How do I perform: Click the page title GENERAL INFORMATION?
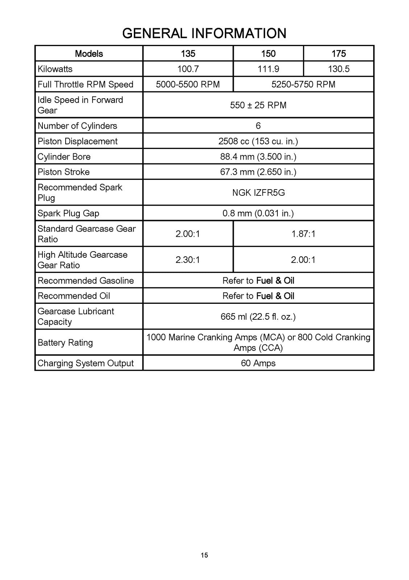(204, 33)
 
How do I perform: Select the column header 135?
(188, 54)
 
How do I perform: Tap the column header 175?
(338, 54)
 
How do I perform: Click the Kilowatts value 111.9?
(268, 69)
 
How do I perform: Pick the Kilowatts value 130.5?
(338, 69)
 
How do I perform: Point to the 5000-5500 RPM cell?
(188, 84)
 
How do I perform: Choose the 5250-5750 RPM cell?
(303, 84)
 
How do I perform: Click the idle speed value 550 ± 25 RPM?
(258, 105)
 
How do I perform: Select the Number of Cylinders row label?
(78, 126)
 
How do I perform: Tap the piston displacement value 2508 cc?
(258, 141)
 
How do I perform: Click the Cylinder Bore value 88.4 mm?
(258, 157)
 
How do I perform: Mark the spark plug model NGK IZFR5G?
(258, 192)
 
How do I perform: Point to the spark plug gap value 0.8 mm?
(258, 213)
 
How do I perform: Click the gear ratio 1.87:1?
(303, 234)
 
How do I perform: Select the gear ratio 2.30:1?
(188, 260)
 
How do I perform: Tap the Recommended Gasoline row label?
(86, 281)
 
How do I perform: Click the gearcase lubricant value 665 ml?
(258, 316)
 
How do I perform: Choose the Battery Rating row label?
(65, 343)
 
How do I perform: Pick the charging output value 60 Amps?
(258, 363)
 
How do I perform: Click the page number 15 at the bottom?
(204, 555)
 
